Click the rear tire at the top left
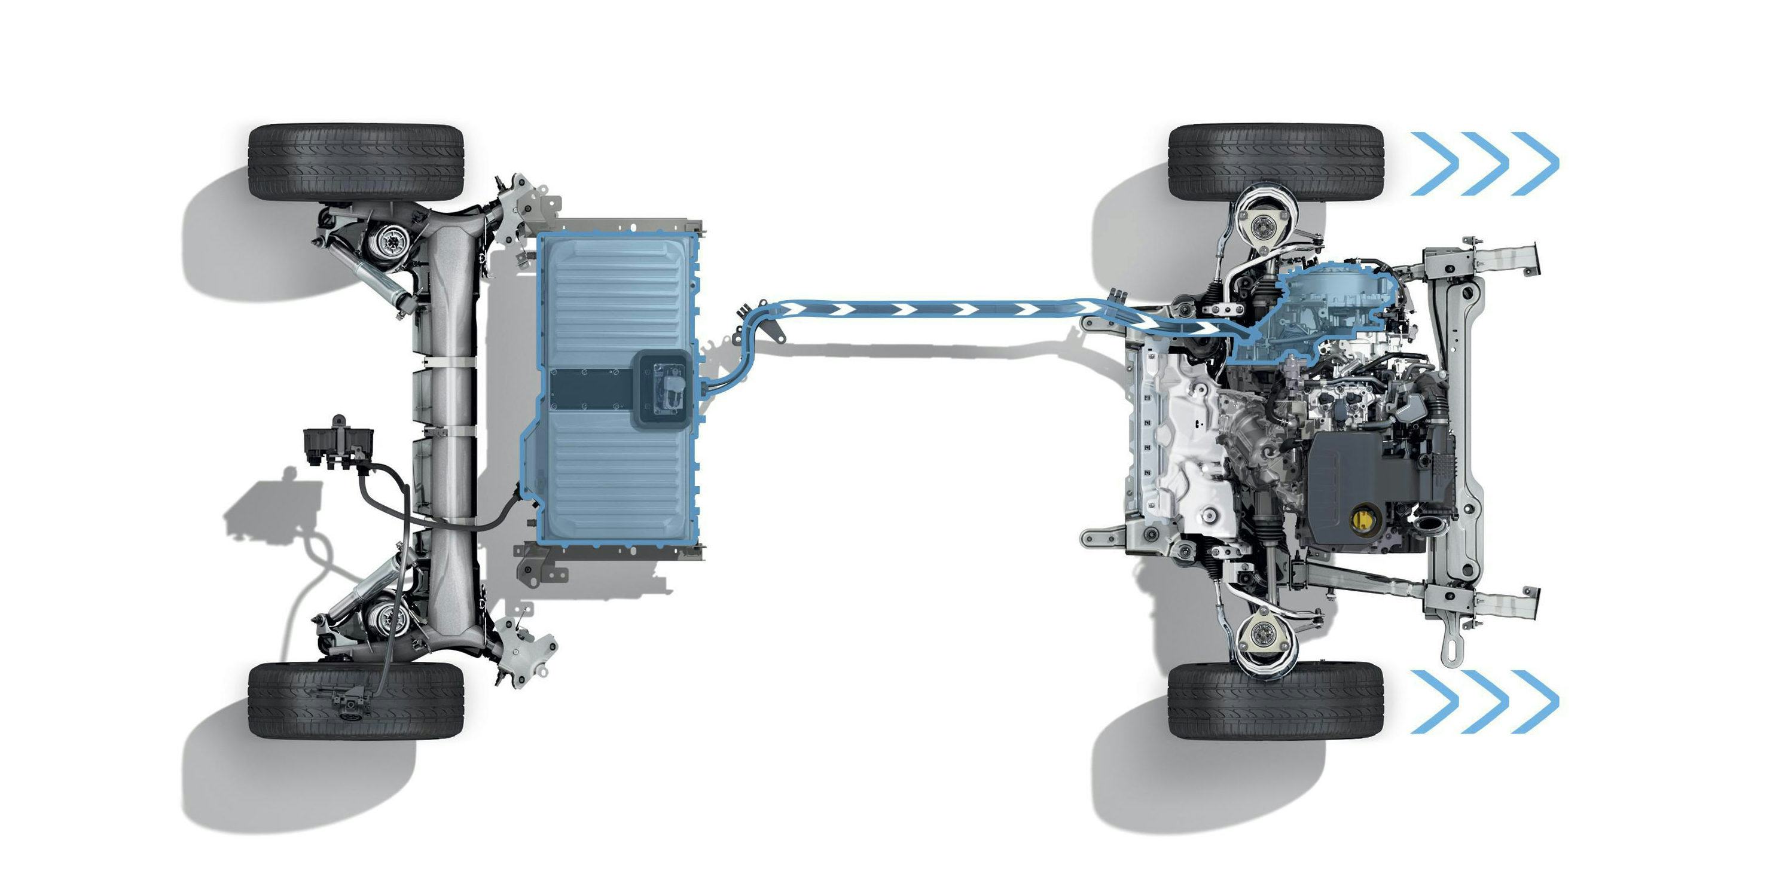pyautogui.click(x=355, y=163)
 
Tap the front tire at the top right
pyautogui.click(x=1276, y=163)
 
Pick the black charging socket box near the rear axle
pyautogui.click(x=338, y=444)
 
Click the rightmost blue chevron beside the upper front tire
pyautogui.click(x=1540, y=163)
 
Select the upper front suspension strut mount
pyautogui.click(x=1265, y=227)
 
